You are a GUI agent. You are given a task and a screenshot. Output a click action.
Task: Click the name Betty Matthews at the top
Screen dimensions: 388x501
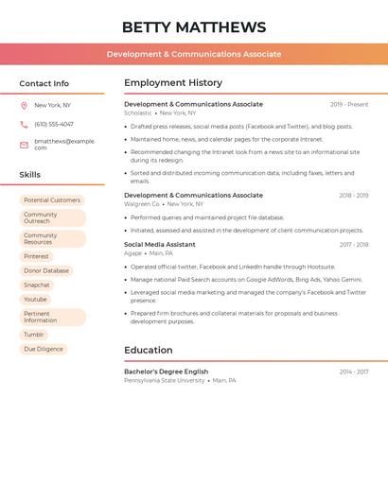(x=194, y=27)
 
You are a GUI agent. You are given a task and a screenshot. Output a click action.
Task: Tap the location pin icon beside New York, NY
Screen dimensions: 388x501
(x=24, y=105)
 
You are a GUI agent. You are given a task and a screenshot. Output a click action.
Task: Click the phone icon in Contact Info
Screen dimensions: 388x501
(x=24, y=124)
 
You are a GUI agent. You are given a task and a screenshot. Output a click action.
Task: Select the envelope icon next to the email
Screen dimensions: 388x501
(x=24, y=145)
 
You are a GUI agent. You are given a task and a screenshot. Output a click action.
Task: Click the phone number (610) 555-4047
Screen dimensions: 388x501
(x=54, y=124)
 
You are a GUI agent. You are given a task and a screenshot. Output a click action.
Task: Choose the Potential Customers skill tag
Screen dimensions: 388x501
(x=52, y=200)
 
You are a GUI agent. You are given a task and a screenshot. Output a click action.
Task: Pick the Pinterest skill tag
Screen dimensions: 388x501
(x=37, y=256)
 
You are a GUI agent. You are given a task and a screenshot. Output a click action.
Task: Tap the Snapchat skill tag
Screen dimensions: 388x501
(x=37, y=285)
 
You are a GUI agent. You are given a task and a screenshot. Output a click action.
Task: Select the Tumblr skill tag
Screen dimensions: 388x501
(x=34, y=335)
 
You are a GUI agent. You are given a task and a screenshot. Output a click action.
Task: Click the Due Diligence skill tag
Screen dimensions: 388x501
(x=44, y=349)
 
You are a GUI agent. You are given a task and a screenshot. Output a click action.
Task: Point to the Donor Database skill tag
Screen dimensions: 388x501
(x=46, y=270)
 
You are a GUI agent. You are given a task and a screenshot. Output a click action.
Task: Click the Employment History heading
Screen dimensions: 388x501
(x=173, y=83)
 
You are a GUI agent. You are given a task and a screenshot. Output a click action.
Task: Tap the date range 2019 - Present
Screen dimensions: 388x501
(x=349, y=105)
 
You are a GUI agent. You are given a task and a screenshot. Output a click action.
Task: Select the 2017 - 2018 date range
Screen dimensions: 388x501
(x=353, y=245)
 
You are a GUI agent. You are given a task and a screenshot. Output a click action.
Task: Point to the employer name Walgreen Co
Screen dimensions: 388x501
(x=142, y=204)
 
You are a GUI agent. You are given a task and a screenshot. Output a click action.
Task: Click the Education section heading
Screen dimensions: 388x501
(x=149, y=350)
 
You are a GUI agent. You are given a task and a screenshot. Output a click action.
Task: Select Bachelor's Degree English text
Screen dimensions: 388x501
(x=166, y=371)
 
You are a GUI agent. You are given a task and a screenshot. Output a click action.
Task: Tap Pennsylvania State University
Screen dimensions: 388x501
(x=164, y=380)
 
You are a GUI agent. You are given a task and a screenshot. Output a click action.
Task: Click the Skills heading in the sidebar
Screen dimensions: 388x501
(x=30, y=175)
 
